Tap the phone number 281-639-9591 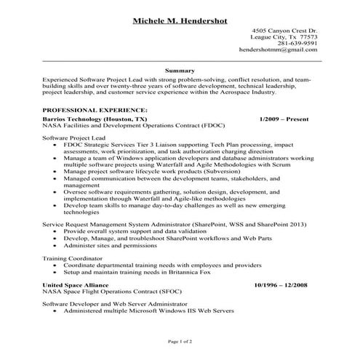coord(298,43)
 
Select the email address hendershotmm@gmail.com coord(279,50)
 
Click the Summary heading coord(179,71)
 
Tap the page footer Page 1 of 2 coord(179,340)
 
